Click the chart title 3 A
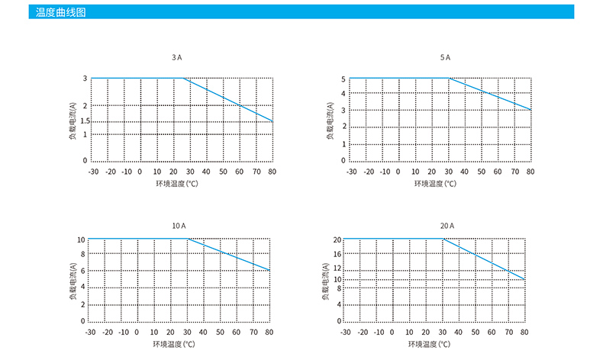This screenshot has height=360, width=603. (x=177, y=57)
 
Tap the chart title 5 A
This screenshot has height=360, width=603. (x=445, y=57)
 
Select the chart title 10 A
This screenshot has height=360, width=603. (x=178, y=226)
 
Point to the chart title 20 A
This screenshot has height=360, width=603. (x=447, y=226)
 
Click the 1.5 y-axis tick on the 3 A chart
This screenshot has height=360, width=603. (x=85, y=121)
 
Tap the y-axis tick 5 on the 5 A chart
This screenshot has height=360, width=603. (x=344, y=79)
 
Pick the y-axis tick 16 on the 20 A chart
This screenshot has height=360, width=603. (x=338, y=254)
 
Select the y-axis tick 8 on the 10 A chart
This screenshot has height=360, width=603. (x=82, y=255)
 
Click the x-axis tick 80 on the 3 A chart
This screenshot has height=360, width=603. (x=272, y=172)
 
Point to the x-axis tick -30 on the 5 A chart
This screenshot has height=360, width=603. (x=351, y=172)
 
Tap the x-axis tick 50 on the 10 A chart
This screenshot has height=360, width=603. (x=219, y=333)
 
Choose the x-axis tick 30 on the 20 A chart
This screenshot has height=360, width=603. (x=443, y=333)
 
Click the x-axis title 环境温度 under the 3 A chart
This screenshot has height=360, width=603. (x=176, y=184)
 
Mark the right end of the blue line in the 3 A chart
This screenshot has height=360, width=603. (x=272, y=121)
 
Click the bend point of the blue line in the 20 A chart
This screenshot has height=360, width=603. (x=443, y=239)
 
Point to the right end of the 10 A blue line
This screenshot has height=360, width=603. (x=269, y=270)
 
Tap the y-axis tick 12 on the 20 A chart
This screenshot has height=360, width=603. (x=338, y=268)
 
